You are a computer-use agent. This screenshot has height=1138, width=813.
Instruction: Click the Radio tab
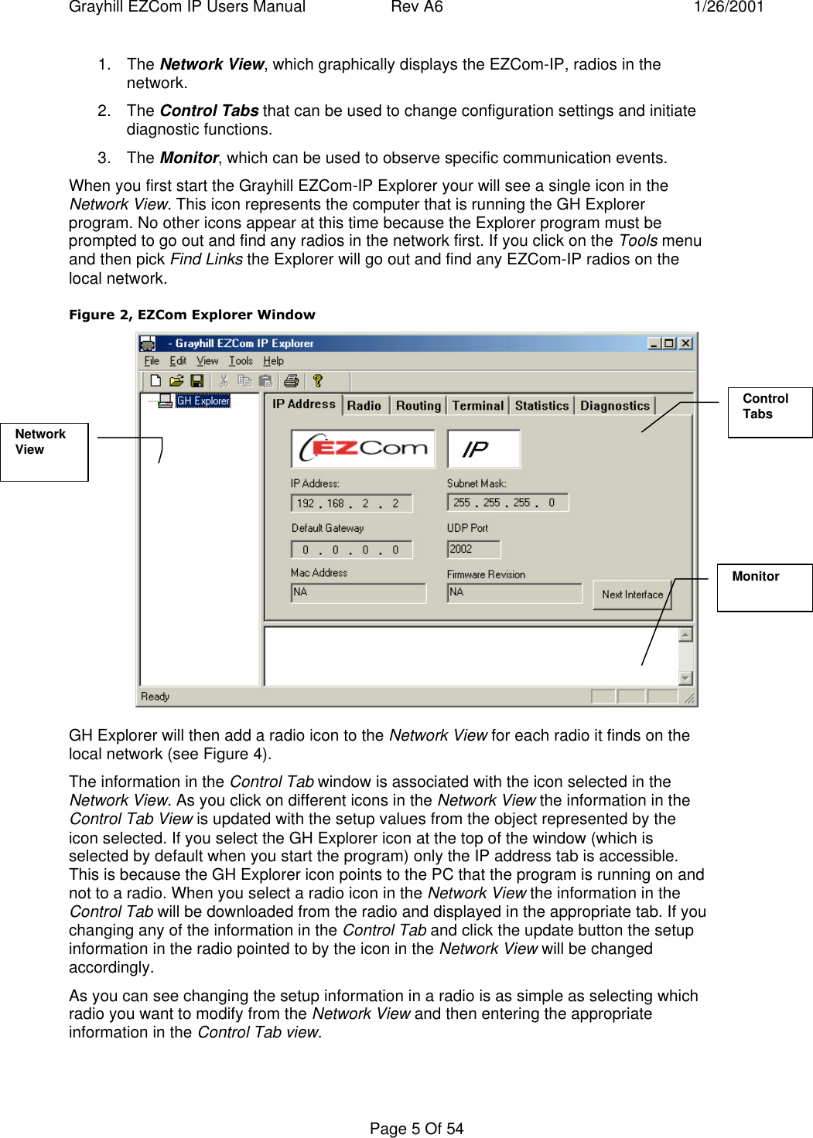(x=364, y=405)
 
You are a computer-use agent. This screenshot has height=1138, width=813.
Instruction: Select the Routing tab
(x=418, y=405)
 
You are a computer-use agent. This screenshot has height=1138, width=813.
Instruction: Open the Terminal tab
(x=477, y=405)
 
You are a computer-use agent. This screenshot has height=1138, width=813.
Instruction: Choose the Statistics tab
(x=541, y=405)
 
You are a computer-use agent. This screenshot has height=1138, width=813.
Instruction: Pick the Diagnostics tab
(x=615, y=405)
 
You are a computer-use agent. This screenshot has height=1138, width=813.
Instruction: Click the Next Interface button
(x=632, y=595)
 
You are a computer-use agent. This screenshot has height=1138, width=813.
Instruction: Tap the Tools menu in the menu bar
(x=241, y=361)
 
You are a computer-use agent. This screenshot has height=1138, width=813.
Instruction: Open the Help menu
(x=273, y=361)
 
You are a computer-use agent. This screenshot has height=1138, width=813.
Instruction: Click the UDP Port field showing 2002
(x=473, y=549)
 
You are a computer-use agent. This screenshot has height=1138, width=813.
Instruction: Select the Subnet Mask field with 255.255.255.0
(x=507, y=503)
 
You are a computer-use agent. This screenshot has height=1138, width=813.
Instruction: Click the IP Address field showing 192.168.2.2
(x=350, y=503)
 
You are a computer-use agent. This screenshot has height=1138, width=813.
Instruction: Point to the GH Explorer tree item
(x=203, y=400)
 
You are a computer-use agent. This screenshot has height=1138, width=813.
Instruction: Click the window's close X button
(x=685, y=343)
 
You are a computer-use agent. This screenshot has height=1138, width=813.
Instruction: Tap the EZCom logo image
(x=363, y=448)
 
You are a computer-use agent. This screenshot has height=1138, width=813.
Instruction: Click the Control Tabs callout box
(x=769, y=412)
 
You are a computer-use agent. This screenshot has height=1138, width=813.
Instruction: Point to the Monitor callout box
(x=763, y=588)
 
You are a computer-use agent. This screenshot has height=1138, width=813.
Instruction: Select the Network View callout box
(x=44, y=451)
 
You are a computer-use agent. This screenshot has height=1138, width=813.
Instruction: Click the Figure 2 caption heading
(x=192, y=315)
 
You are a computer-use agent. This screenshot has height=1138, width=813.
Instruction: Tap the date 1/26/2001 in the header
(x=728, y=7)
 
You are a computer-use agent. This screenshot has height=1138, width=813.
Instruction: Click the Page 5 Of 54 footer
(x=416, y=1129)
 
